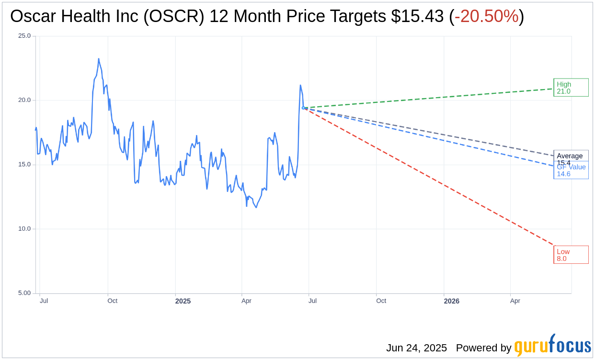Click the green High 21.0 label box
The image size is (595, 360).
571,88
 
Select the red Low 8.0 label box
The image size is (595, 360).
571,255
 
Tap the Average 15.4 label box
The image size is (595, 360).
571,156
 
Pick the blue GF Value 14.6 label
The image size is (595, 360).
571,171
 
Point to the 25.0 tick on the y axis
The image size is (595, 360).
24,36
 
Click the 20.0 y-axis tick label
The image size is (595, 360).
24,100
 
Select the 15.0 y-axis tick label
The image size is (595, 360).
24,164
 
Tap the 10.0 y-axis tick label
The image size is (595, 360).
24,229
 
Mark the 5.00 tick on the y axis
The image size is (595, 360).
24,293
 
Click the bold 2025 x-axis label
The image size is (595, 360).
183,301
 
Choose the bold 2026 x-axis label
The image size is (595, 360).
451,301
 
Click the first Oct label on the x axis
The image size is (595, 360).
113,301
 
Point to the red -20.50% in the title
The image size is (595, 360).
486,17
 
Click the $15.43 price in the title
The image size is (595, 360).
417,17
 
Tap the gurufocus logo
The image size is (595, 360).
552,346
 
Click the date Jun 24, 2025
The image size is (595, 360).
416,348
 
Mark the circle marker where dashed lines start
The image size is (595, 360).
303,108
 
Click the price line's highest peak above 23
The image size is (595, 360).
99,59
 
